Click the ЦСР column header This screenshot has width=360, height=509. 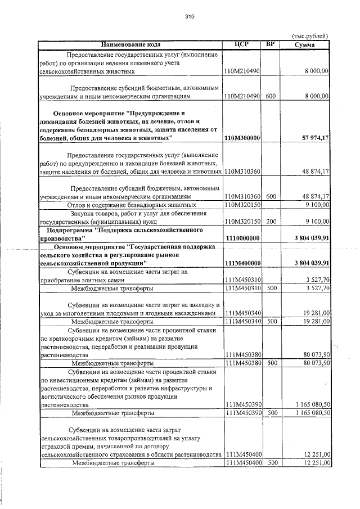(x=241, y=44)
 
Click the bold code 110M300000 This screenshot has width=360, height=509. (x=242, y=138)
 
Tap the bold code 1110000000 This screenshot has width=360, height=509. (x=242, y=238)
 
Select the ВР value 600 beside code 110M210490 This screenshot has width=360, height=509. (x=271, y=97)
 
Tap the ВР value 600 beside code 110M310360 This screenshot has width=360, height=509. (x=271, y=197)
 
